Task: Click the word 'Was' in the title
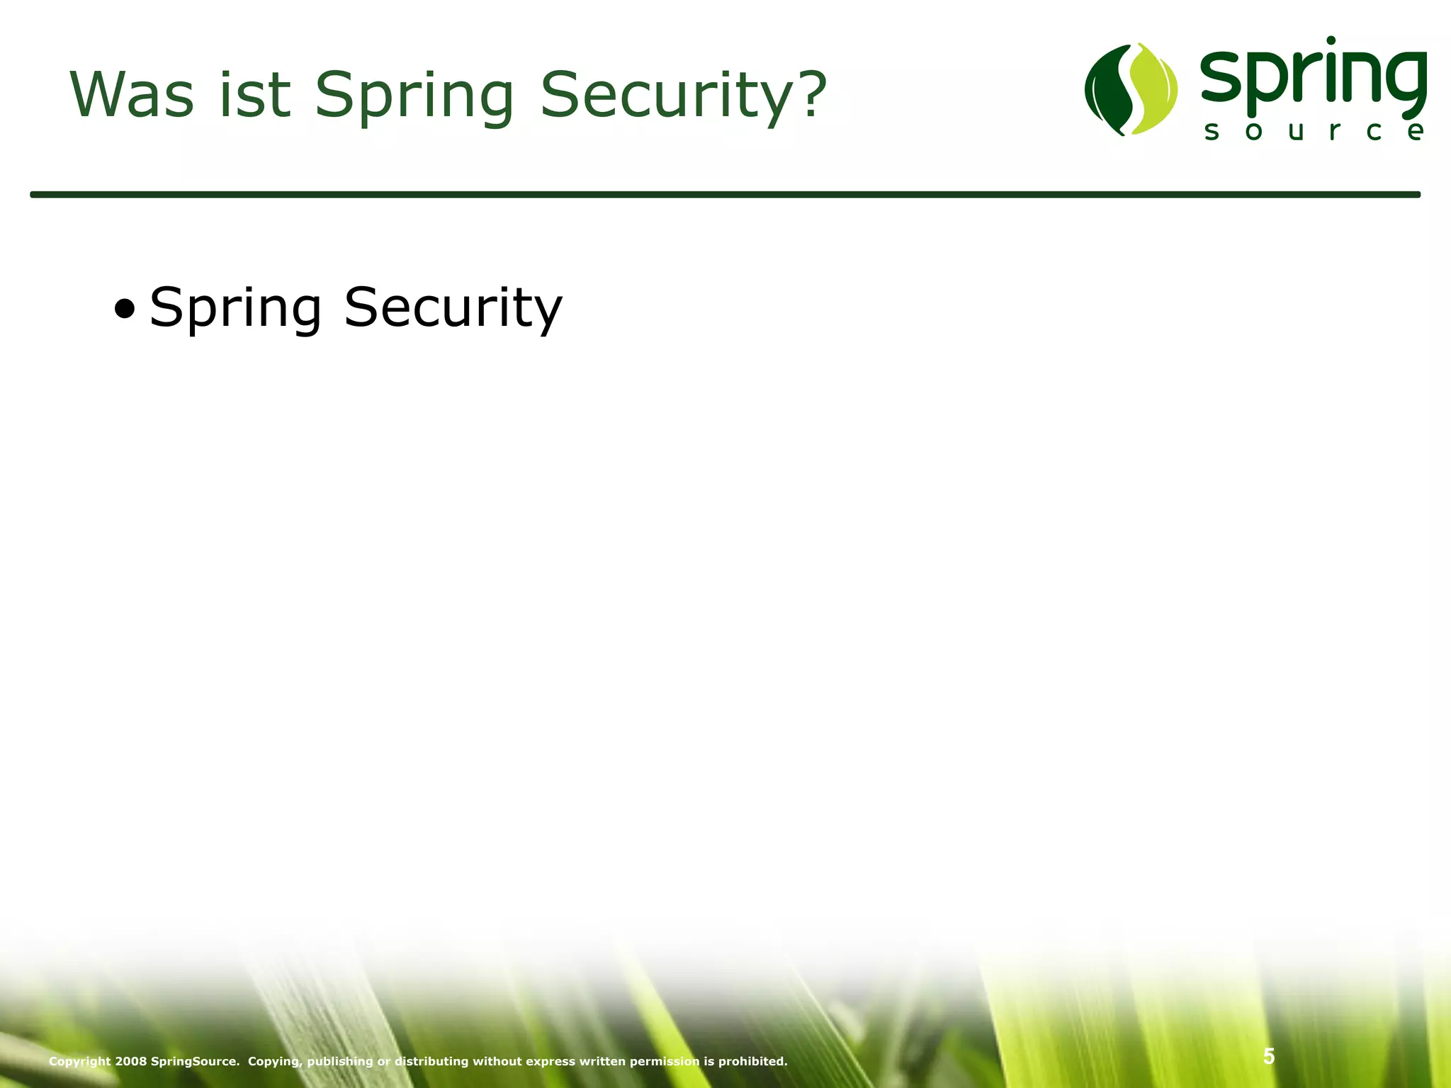pos(132,95)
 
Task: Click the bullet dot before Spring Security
pos(124,309)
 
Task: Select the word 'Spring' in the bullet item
pos(235,310)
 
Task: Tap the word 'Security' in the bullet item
pos(453,310)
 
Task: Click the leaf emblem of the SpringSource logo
pos(1131,89)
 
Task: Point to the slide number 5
pos(1269,1056)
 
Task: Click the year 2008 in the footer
pos(131,1061)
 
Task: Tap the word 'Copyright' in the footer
pos(80,1061)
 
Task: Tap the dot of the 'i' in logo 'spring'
pos(1331,41)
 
